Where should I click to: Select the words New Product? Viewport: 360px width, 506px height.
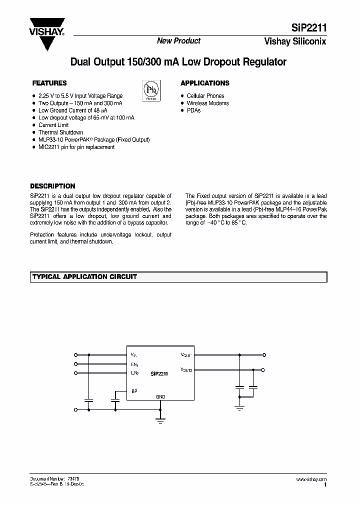178,41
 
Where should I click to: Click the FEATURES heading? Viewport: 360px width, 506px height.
49,83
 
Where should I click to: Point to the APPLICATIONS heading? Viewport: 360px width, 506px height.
204,83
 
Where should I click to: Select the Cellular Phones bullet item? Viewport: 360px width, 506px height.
205,95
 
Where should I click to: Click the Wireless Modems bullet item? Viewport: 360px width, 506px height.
207,103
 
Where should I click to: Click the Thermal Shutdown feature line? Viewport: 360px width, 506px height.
60,132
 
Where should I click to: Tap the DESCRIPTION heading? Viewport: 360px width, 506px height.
52,186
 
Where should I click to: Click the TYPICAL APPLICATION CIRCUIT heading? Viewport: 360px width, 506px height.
84,276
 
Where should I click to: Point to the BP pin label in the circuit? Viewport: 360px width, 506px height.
134,391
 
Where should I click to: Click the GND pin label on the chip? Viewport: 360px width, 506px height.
160,396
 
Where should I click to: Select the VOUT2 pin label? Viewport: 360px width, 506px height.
186,370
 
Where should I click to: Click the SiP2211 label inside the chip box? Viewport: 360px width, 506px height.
158,373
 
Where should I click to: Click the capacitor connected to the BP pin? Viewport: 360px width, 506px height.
115,400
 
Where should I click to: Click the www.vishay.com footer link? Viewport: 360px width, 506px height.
311,479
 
